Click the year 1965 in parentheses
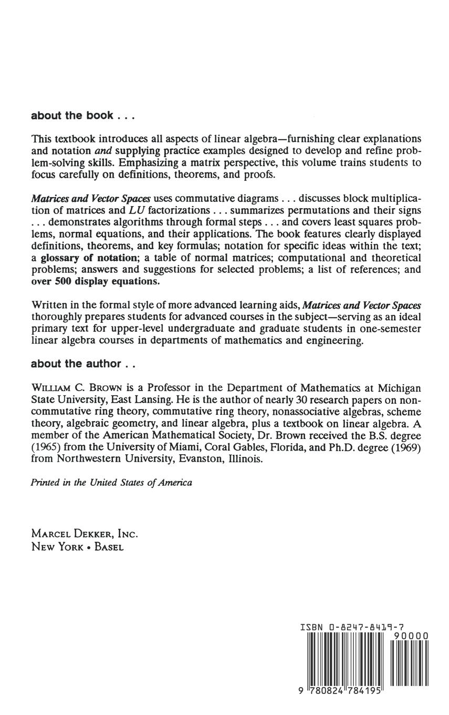(x=44, y=447)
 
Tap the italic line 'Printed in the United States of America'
(x=111, y=482)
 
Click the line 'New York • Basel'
(x=78, y=547)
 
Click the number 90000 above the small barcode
(x=411, y=636)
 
